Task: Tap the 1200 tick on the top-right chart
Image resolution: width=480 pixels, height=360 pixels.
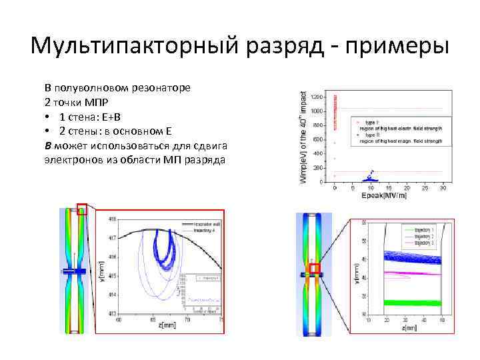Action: [x=317, y=97]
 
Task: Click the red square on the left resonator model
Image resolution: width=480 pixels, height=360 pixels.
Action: [x=82, y=209]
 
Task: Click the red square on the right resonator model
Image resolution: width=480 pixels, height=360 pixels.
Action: [x=315, y=268]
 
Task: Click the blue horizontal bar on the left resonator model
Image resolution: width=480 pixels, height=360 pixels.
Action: [x=72, y=271]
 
